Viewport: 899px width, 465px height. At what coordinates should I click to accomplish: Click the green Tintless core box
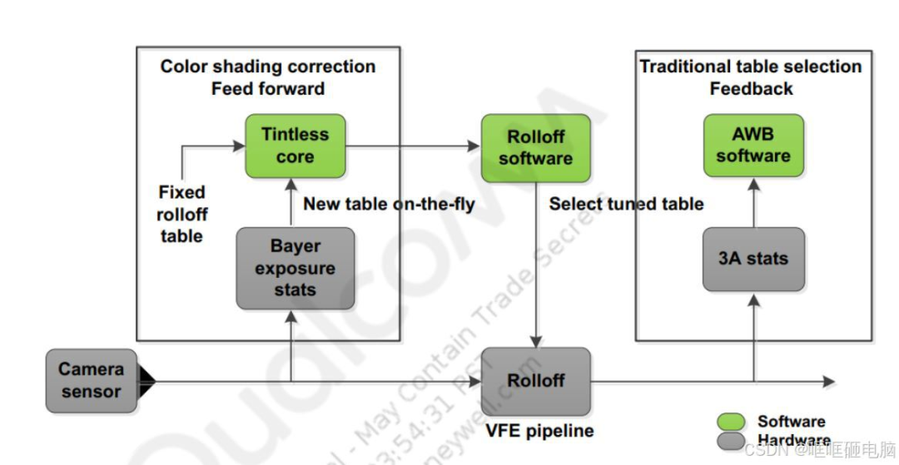click(x=295, y=146)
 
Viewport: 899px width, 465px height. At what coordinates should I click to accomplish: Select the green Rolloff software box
click(x=535, y=147)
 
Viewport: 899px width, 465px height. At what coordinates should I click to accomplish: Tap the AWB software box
click(x=753, y=146)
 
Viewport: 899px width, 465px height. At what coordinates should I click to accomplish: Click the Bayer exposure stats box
click(x=295, y=268)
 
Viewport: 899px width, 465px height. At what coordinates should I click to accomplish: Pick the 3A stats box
click(x=753, y=259)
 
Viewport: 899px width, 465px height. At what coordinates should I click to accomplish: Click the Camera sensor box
click(x=91, y=381)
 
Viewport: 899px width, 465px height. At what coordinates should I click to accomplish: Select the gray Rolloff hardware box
click(x=535, y=381)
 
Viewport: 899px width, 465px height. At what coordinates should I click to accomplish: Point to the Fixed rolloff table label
click(x=181, y=215)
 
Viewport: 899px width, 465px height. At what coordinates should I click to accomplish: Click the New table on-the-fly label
click(x=389, y=204)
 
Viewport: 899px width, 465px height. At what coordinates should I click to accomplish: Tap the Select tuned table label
click(x=626, y=204)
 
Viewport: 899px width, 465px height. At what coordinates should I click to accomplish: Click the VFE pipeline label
click(x=539, y=431)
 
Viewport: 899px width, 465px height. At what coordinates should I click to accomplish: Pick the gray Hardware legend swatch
click(x=731, y=441)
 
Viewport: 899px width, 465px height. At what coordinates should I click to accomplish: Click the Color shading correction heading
click(x=267, y=67)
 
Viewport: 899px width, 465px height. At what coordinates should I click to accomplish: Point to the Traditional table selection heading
click(x=750, y=67)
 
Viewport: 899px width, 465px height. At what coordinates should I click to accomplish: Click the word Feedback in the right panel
click(x=751, y=88)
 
